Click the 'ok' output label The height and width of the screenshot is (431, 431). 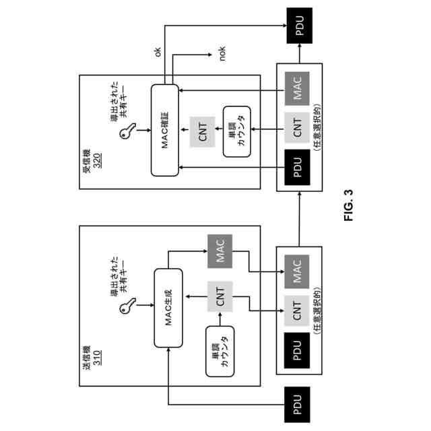(158, 52)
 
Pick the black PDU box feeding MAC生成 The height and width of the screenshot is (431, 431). (296, 405)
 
